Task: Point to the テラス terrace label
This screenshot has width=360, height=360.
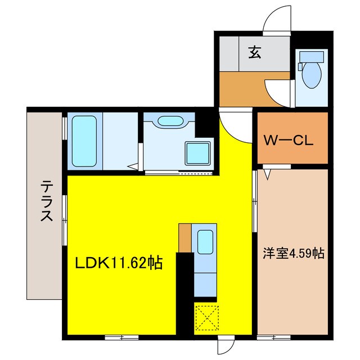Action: (x=47, y=201)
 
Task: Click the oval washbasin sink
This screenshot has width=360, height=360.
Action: (x=169, y=121)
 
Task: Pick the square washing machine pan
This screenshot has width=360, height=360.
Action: (x=198, y=152)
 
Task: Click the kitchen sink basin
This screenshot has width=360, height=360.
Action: (x=205, y=242)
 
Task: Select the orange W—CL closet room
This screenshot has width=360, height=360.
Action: (x=292, y=138)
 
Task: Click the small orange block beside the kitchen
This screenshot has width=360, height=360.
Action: (x=185, y=237)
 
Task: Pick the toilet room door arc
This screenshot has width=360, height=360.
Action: (x=279, y=90)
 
